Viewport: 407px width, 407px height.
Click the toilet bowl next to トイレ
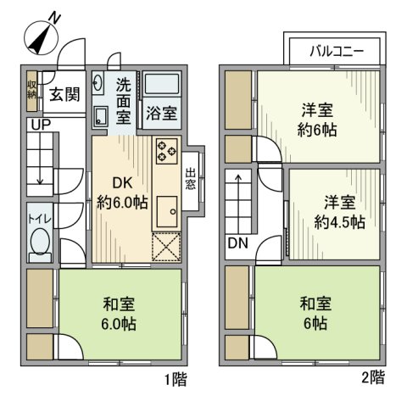coord(38,244)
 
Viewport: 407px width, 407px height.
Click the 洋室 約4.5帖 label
coord(338,212)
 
